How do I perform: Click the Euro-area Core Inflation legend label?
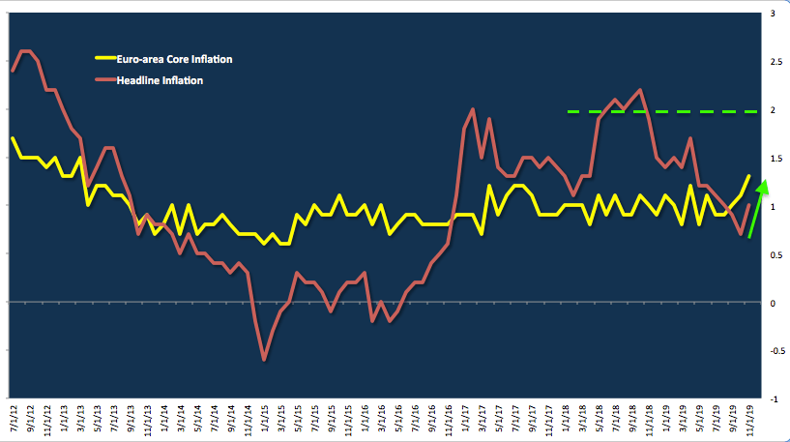click(x=174, y=60)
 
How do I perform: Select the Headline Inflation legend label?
click(x=160, y=81)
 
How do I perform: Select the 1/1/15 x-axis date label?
click(x=264, y=421)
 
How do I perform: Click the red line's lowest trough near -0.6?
click(x=264, y=360)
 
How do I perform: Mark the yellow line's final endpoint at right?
click(x=749, y=176)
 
